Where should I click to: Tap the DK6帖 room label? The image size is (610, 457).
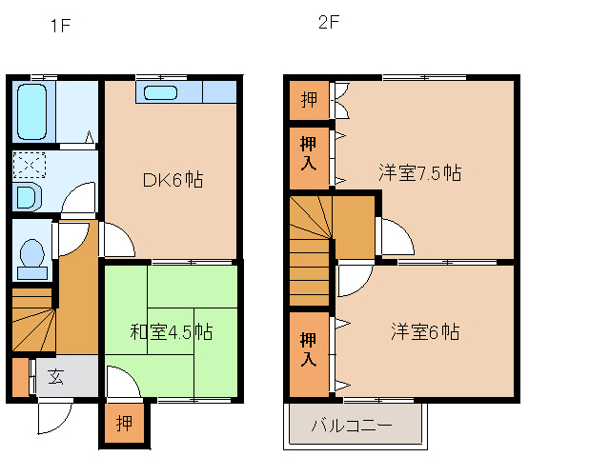(x=173, y=179)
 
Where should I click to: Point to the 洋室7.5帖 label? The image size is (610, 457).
(x=419, y=172)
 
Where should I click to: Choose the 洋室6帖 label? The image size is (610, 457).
(x=425, y=331)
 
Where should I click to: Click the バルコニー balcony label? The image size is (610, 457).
(x=352, y=426)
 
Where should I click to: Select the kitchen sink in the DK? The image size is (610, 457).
(x=159, y=92)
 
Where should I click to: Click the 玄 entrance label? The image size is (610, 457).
(x=56, y=376)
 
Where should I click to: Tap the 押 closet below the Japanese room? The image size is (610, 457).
(x=125, y=422)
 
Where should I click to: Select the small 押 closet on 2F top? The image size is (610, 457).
(x=309, y=100)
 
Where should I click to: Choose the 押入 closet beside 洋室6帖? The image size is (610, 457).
(x=309, y=348)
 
